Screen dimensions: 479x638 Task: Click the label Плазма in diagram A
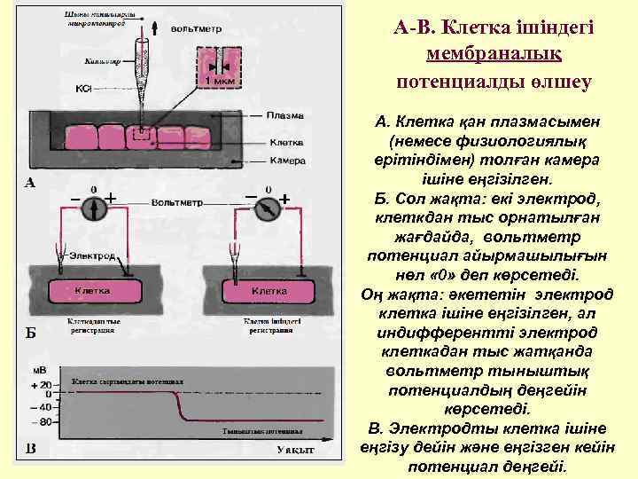coord(285,114)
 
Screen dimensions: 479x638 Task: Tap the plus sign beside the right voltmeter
coord(285,199)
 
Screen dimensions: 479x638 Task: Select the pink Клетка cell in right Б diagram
coord(268,291)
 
